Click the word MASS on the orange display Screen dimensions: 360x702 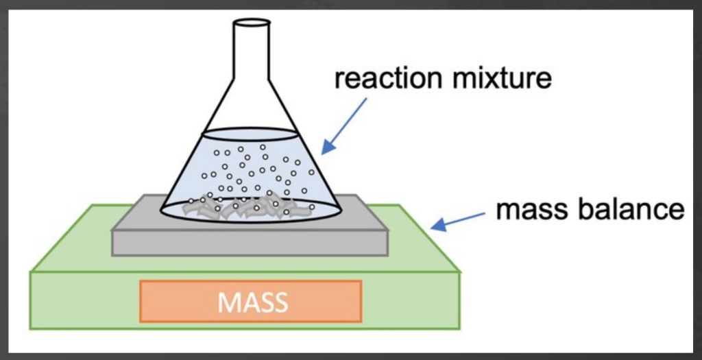point(251,302)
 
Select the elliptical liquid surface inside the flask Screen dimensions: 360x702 point(250,134)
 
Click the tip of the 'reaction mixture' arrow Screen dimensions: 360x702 point(323,150)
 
